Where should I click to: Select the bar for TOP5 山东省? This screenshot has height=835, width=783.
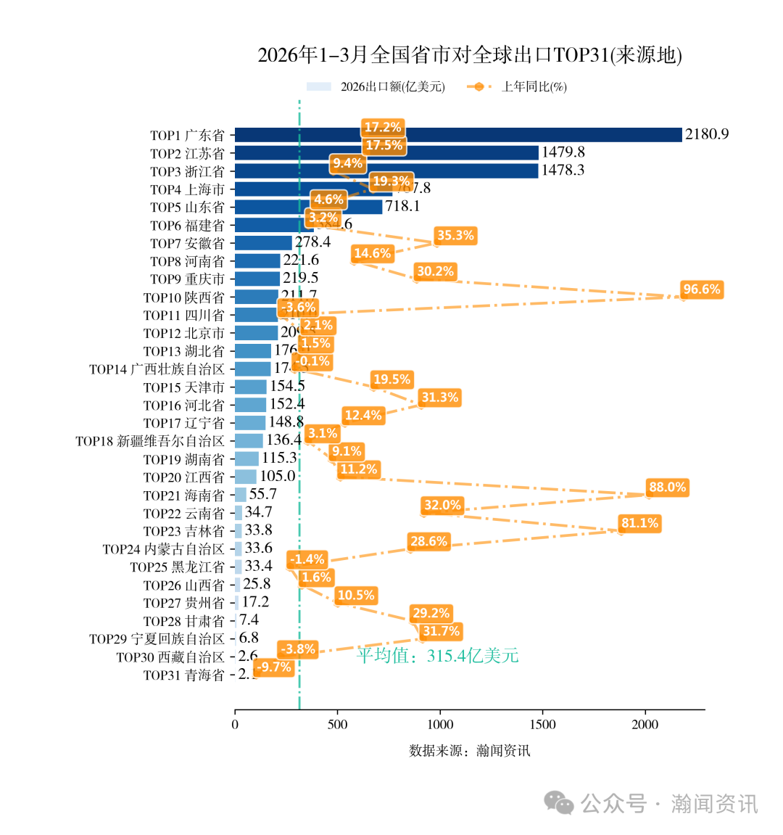(308, 207)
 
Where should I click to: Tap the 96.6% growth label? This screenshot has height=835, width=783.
(701, 289)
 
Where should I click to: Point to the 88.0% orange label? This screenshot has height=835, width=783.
(667, 488)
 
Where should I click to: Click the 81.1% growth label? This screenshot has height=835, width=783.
(639, 523)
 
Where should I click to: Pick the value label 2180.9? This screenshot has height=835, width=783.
(707, 134)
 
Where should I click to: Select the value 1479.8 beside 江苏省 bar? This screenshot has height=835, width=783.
(563, 152)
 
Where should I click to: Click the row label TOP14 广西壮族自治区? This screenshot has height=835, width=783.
(157, 369)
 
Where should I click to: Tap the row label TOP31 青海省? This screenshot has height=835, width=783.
(184, 675)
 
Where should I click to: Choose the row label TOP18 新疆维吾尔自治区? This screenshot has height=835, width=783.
(150, 441)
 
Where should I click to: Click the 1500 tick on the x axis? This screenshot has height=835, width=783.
(542, 724)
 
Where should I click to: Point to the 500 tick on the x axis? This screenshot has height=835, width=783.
(337, 724)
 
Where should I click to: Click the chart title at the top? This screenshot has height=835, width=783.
(469, 55)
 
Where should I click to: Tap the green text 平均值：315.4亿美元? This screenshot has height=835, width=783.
(437, 656)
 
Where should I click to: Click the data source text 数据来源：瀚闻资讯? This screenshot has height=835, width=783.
(469, 751)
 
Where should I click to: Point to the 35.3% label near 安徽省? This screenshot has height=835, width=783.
(455, 235)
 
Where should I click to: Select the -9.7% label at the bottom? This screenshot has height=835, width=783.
(275, 667)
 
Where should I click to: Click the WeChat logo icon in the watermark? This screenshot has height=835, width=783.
(559, 803)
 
